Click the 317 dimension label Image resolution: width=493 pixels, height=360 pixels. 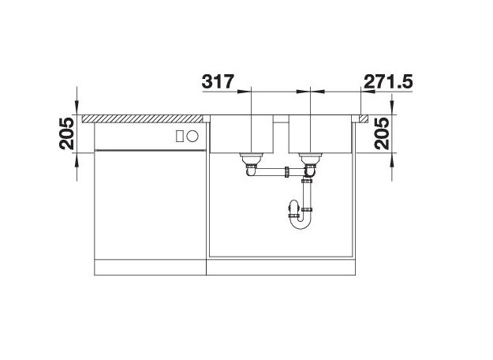pos(218,81)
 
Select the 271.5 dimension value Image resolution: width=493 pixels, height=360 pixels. pos(387,82)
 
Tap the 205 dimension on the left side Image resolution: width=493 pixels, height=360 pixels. pos(67,133)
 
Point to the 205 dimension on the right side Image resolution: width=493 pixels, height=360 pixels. pos(382,133)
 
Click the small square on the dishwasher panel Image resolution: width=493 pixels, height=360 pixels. pos(180,137)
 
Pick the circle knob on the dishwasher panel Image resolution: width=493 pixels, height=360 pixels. pos(192,137)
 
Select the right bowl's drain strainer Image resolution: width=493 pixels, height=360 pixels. pos(310,156)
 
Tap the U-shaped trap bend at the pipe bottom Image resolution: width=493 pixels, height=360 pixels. pos(301,223)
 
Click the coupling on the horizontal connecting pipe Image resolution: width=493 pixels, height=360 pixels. pos(287,172)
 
